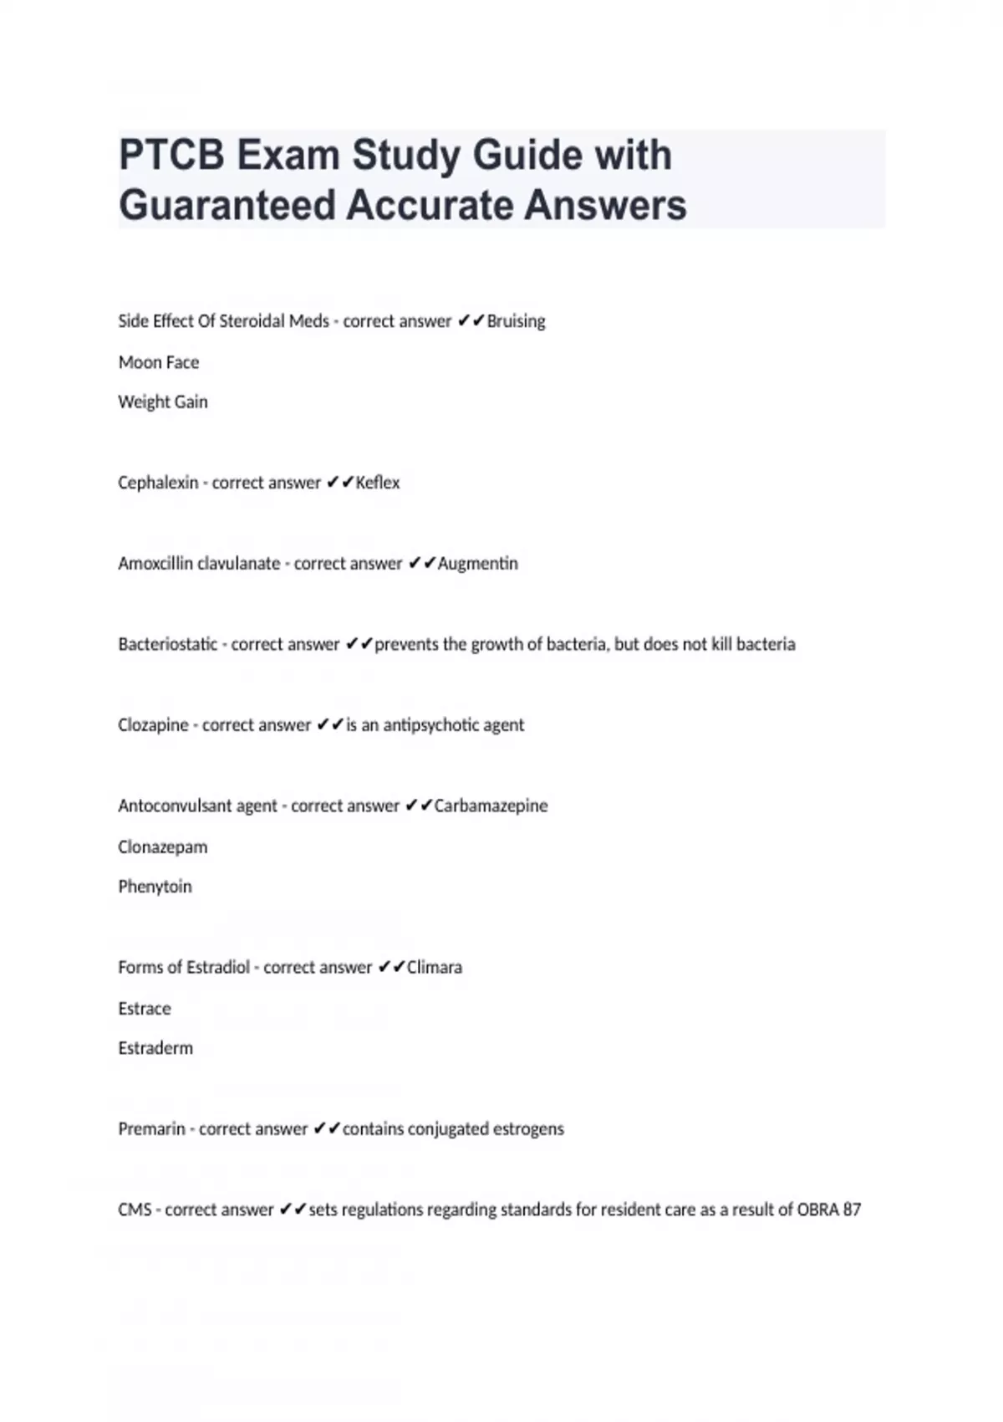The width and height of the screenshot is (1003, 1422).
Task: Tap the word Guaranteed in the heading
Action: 226,206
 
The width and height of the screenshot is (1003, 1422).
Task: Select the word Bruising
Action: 516,321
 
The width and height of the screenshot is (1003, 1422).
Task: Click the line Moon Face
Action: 159,362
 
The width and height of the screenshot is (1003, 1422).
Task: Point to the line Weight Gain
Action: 163,402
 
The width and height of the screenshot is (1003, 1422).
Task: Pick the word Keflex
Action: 378,483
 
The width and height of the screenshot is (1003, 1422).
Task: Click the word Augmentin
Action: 478,564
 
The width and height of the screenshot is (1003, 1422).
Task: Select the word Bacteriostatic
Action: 168,644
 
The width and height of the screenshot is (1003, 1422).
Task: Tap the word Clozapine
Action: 153,725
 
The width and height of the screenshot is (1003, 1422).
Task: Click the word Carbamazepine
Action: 491,806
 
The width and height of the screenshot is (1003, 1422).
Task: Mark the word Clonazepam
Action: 163,847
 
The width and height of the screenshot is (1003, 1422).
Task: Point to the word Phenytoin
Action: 155,887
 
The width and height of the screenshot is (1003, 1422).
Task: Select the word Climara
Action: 435,967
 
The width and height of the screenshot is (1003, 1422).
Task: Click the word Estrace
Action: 145,1009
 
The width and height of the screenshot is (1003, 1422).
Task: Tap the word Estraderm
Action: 155,1048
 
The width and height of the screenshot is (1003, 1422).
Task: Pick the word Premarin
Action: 151,1129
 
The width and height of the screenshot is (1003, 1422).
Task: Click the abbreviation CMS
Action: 135,1210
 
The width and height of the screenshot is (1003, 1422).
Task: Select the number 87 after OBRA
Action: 852,1210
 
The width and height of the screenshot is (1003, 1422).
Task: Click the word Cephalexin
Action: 158,483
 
